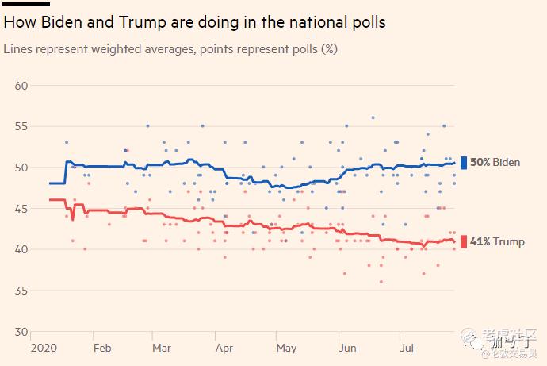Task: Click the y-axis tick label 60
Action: (22, 86)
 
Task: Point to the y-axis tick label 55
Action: (22, 126)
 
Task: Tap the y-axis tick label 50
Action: (22, 168)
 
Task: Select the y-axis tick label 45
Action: (22, 209)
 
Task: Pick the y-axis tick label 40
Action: (22, 249)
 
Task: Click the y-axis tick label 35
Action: (22, 291)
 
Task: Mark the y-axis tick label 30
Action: (22, 332)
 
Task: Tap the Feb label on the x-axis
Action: (102, 348)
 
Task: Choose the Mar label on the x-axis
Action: (162, 348)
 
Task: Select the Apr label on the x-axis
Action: (224, 348)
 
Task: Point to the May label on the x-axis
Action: (285, 348)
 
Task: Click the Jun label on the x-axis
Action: (346, 348)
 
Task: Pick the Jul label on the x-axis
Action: (407, 348)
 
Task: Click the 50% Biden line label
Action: (495, 163)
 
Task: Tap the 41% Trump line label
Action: (497, 241)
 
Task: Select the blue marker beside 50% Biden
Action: (464, 163)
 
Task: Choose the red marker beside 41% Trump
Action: (464, 241)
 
